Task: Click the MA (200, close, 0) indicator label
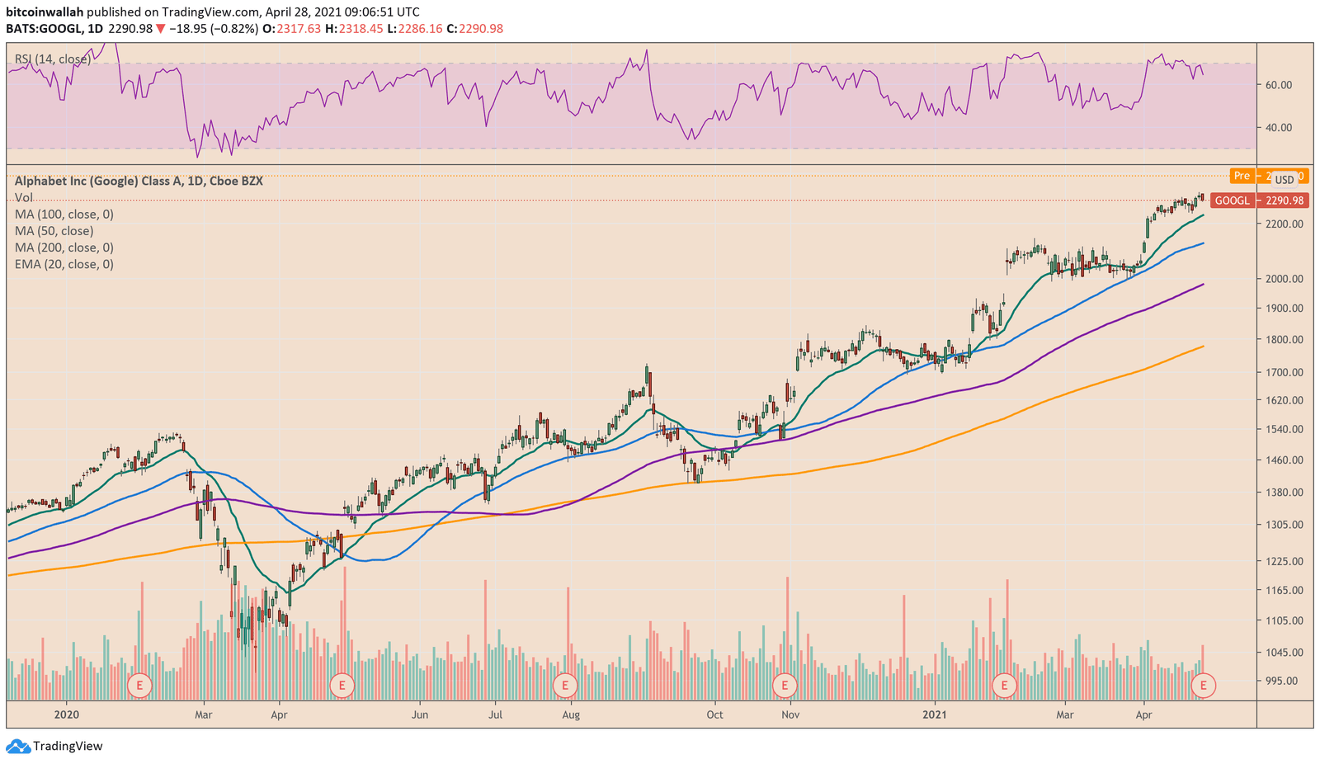[64, 248]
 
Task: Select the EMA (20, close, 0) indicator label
[64, 264]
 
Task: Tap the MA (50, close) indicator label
[54, 231]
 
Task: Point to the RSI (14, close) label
[53, 59]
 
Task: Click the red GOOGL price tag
[1232, 200]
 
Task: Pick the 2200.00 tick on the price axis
[1285, 224]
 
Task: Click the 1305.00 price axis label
[1285, 525]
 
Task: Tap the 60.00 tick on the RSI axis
[1278, 85]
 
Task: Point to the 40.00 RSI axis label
[1278, 128]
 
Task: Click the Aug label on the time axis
[570, 714]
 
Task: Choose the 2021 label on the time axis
[935, 714]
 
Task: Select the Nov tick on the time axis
[790, 714]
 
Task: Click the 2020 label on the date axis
[66, 714]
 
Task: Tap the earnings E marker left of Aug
[564, 684]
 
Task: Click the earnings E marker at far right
[1204, 684]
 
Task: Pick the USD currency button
[1285, 180]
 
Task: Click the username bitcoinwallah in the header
[45, 12]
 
